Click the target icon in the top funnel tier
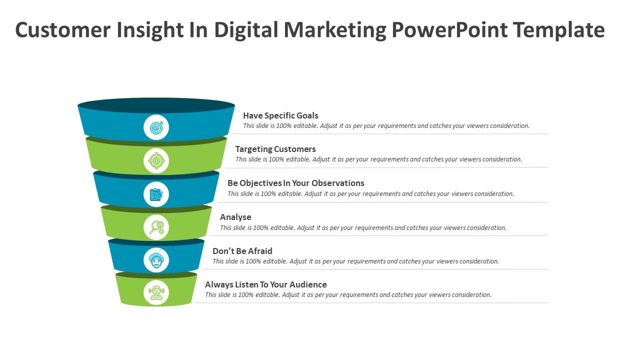(x=156, y=127)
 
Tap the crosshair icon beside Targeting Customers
(x=156, y=161)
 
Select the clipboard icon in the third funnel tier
(x=156, y=194)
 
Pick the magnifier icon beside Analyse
(x=156, y=227)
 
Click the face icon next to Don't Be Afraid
(x=156, y=260)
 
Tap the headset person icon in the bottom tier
(x=156, y=292)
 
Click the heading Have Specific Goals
(x=280, y=115)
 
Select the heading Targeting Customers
(x=275, y=149)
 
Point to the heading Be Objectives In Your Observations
(x=295, y=183)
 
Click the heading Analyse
(x=235, y=217)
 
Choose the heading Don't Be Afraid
(x=242, y=251)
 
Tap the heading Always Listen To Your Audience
(x=265, y=284)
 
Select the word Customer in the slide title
(x=62, y=30)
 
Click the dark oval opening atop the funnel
(x=156, y=105)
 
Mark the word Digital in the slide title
(x=246, y=30)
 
